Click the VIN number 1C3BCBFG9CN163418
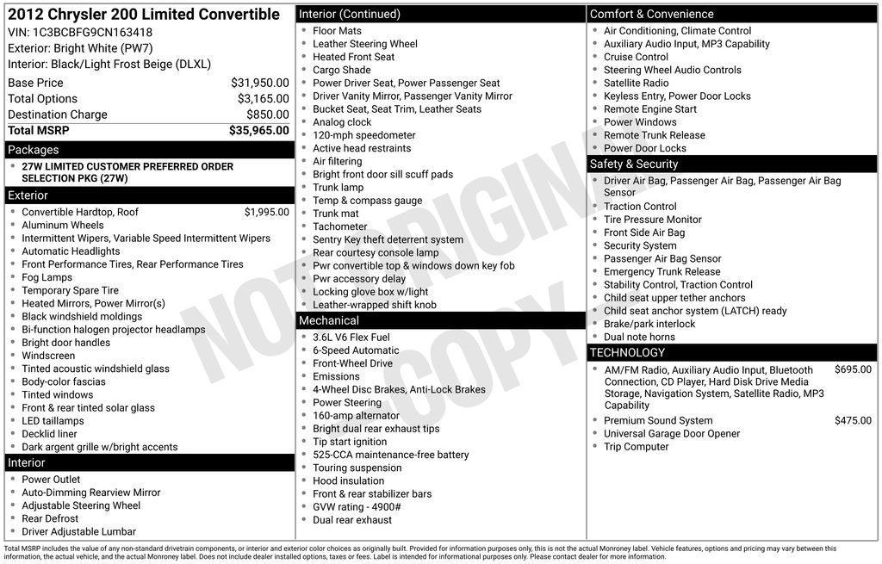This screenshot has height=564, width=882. pyautogui.click(x=93, y=32)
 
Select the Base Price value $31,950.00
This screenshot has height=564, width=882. pyautogui.click(x=259, y=83)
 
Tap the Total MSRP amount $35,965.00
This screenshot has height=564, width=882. pyautogui.click(x=258, y=131)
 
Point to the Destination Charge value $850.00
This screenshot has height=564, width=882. pyautogui.click(x=267, y=115)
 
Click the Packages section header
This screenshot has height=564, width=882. pyautogui.click(x=34, y=150)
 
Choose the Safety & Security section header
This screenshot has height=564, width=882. pyautogui.click(x=634, y=164)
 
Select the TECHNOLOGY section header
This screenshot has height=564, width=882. pyautogui.click(x=627, y=352)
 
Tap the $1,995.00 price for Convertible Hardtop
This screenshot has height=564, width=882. pyautogui.click(x=266, y=212)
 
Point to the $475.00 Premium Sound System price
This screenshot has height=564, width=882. pyautogui.click(x=853, y=420)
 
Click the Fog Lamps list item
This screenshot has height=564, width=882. pyautogui.click(x=47, y=277)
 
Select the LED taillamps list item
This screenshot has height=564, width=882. pyautogui.click(x=53, y=421)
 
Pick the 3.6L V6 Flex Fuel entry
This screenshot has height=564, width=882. pyautogui.click(x=351, y=338)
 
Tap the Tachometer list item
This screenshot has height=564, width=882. pyautogui.click(x=339, y=226)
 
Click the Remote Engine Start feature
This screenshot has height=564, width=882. pyautogui.click(x=649, y=109)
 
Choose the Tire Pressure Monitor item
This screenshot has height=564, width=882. pyautogui.click(x=652, y=220)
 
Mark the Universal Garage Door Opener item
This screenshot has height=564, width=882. pyautogui.click(x=671, y=434)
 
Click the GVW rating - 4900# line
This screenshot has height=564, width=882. pyautogui.click(x=357, y=507)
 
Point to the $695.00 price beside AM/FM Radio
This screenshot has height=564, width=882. pyautogui.click(x=853, y=369)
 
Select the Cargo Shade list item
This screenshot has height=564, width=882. pyautogui.click(x=341, y=70)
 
